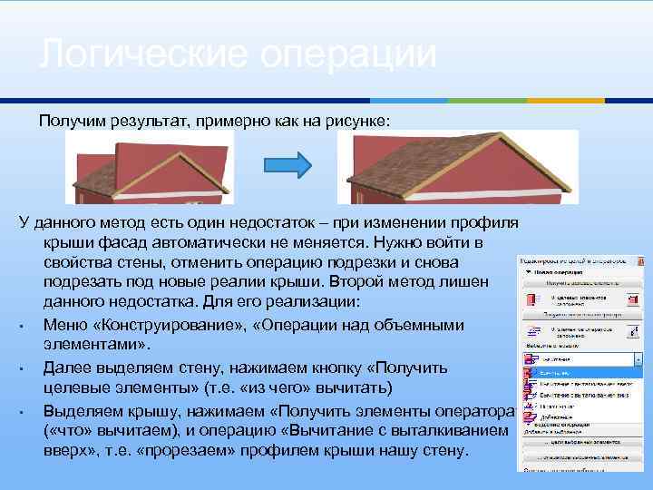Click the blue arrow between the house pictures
[288, 164]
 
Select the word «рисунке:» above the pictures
[358, 120]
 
